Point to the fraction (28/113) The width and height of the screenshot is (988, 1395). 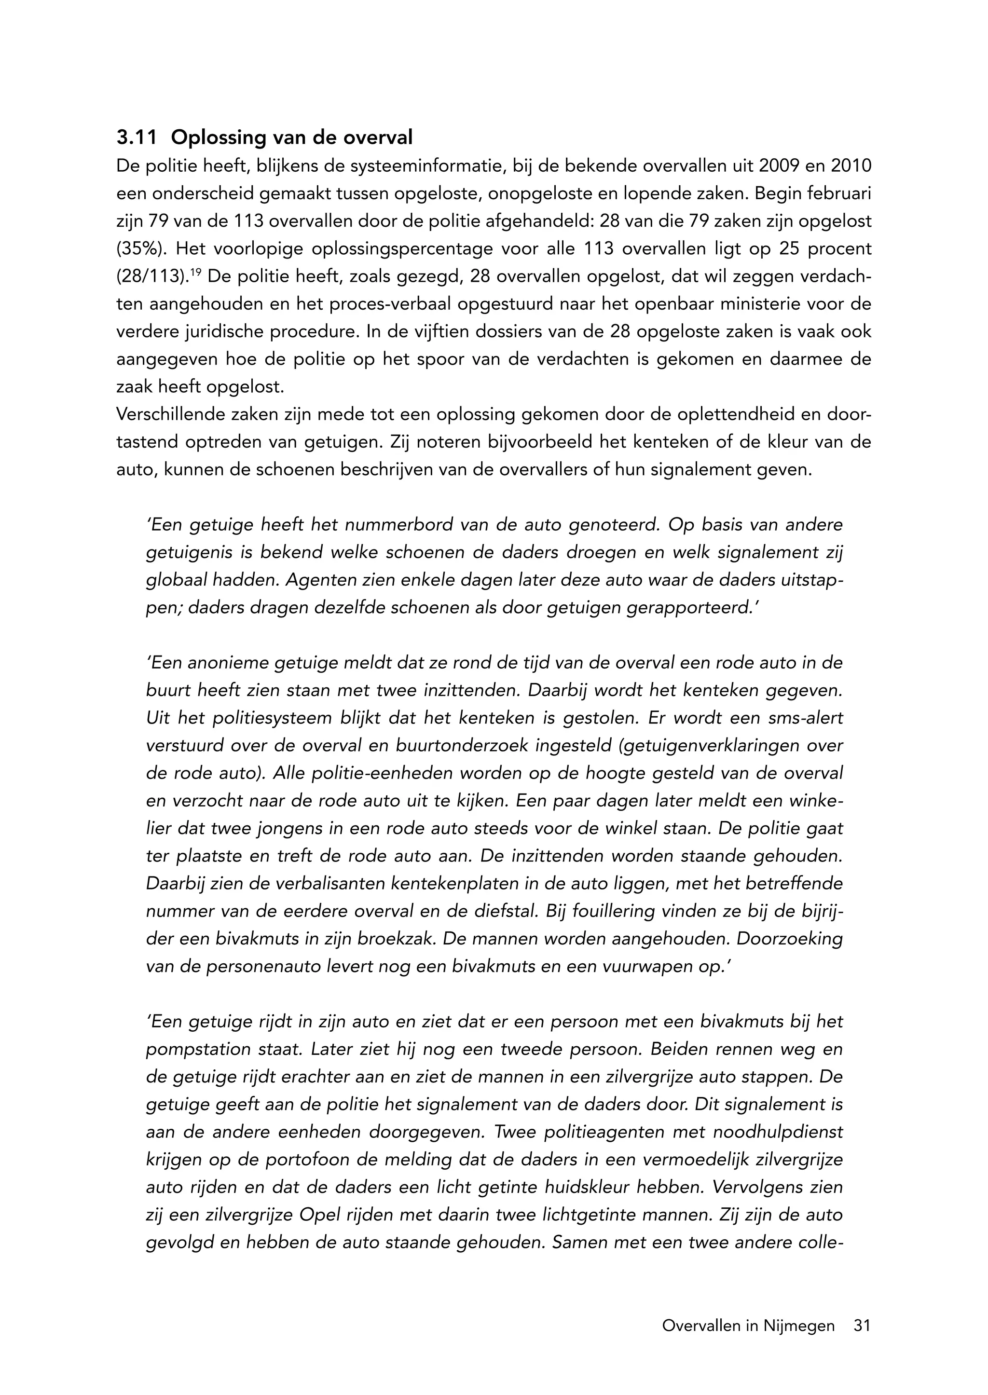tap(151, 277)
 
